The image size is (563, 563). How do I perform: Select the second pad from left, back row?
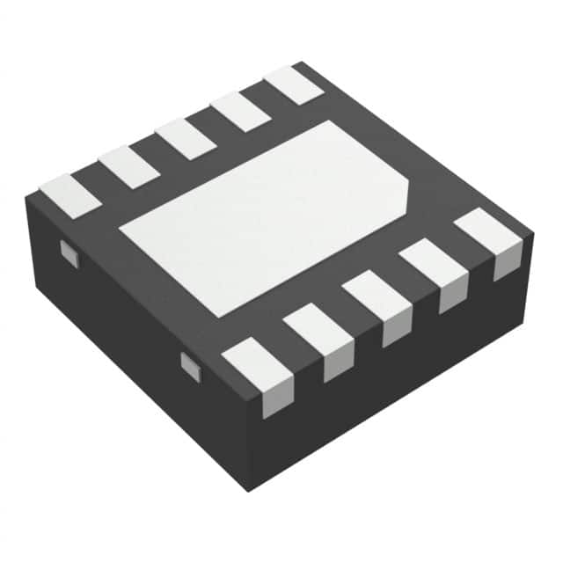(x=128, y=167)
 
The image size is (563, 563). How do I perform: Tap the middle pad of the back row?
(x=186, y=139)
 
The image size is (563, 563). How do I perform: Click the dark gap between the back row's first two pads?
(x=99, y=181)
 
